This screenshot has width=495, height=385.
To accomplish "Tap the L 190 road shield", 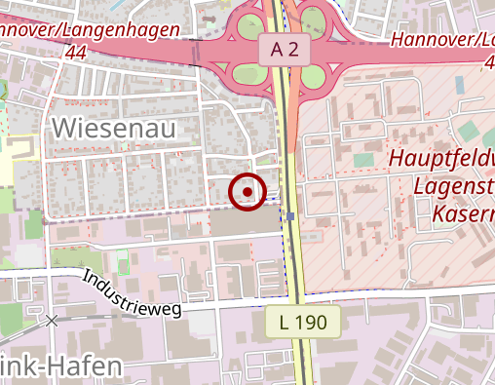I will pos(303,320).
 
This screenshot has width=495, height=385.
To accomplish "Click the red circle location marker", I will pos(247,191).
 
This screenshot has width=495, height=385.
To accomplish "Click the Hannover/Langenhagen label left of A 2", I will pos(89,30).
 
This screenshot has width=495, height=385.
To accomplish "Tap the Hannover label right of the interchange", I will pos(443,40).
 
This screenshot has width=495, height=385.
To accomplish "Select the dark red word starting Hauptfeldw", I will pos(441,159).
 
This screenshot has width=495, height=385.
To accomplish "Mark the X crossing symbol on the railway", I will pos(52,320).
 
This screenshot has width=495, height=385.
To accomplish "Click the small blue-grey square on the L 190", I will pos(290,215).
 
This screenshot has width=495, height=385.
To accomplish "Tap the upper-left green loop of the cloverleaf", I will pos(249,24).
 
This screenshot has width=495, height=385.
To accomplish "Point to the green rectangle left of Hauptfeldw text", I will pos(363,160).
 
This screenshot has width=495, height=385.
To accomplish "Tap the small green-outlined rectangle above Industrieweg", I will pos(123,262).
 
